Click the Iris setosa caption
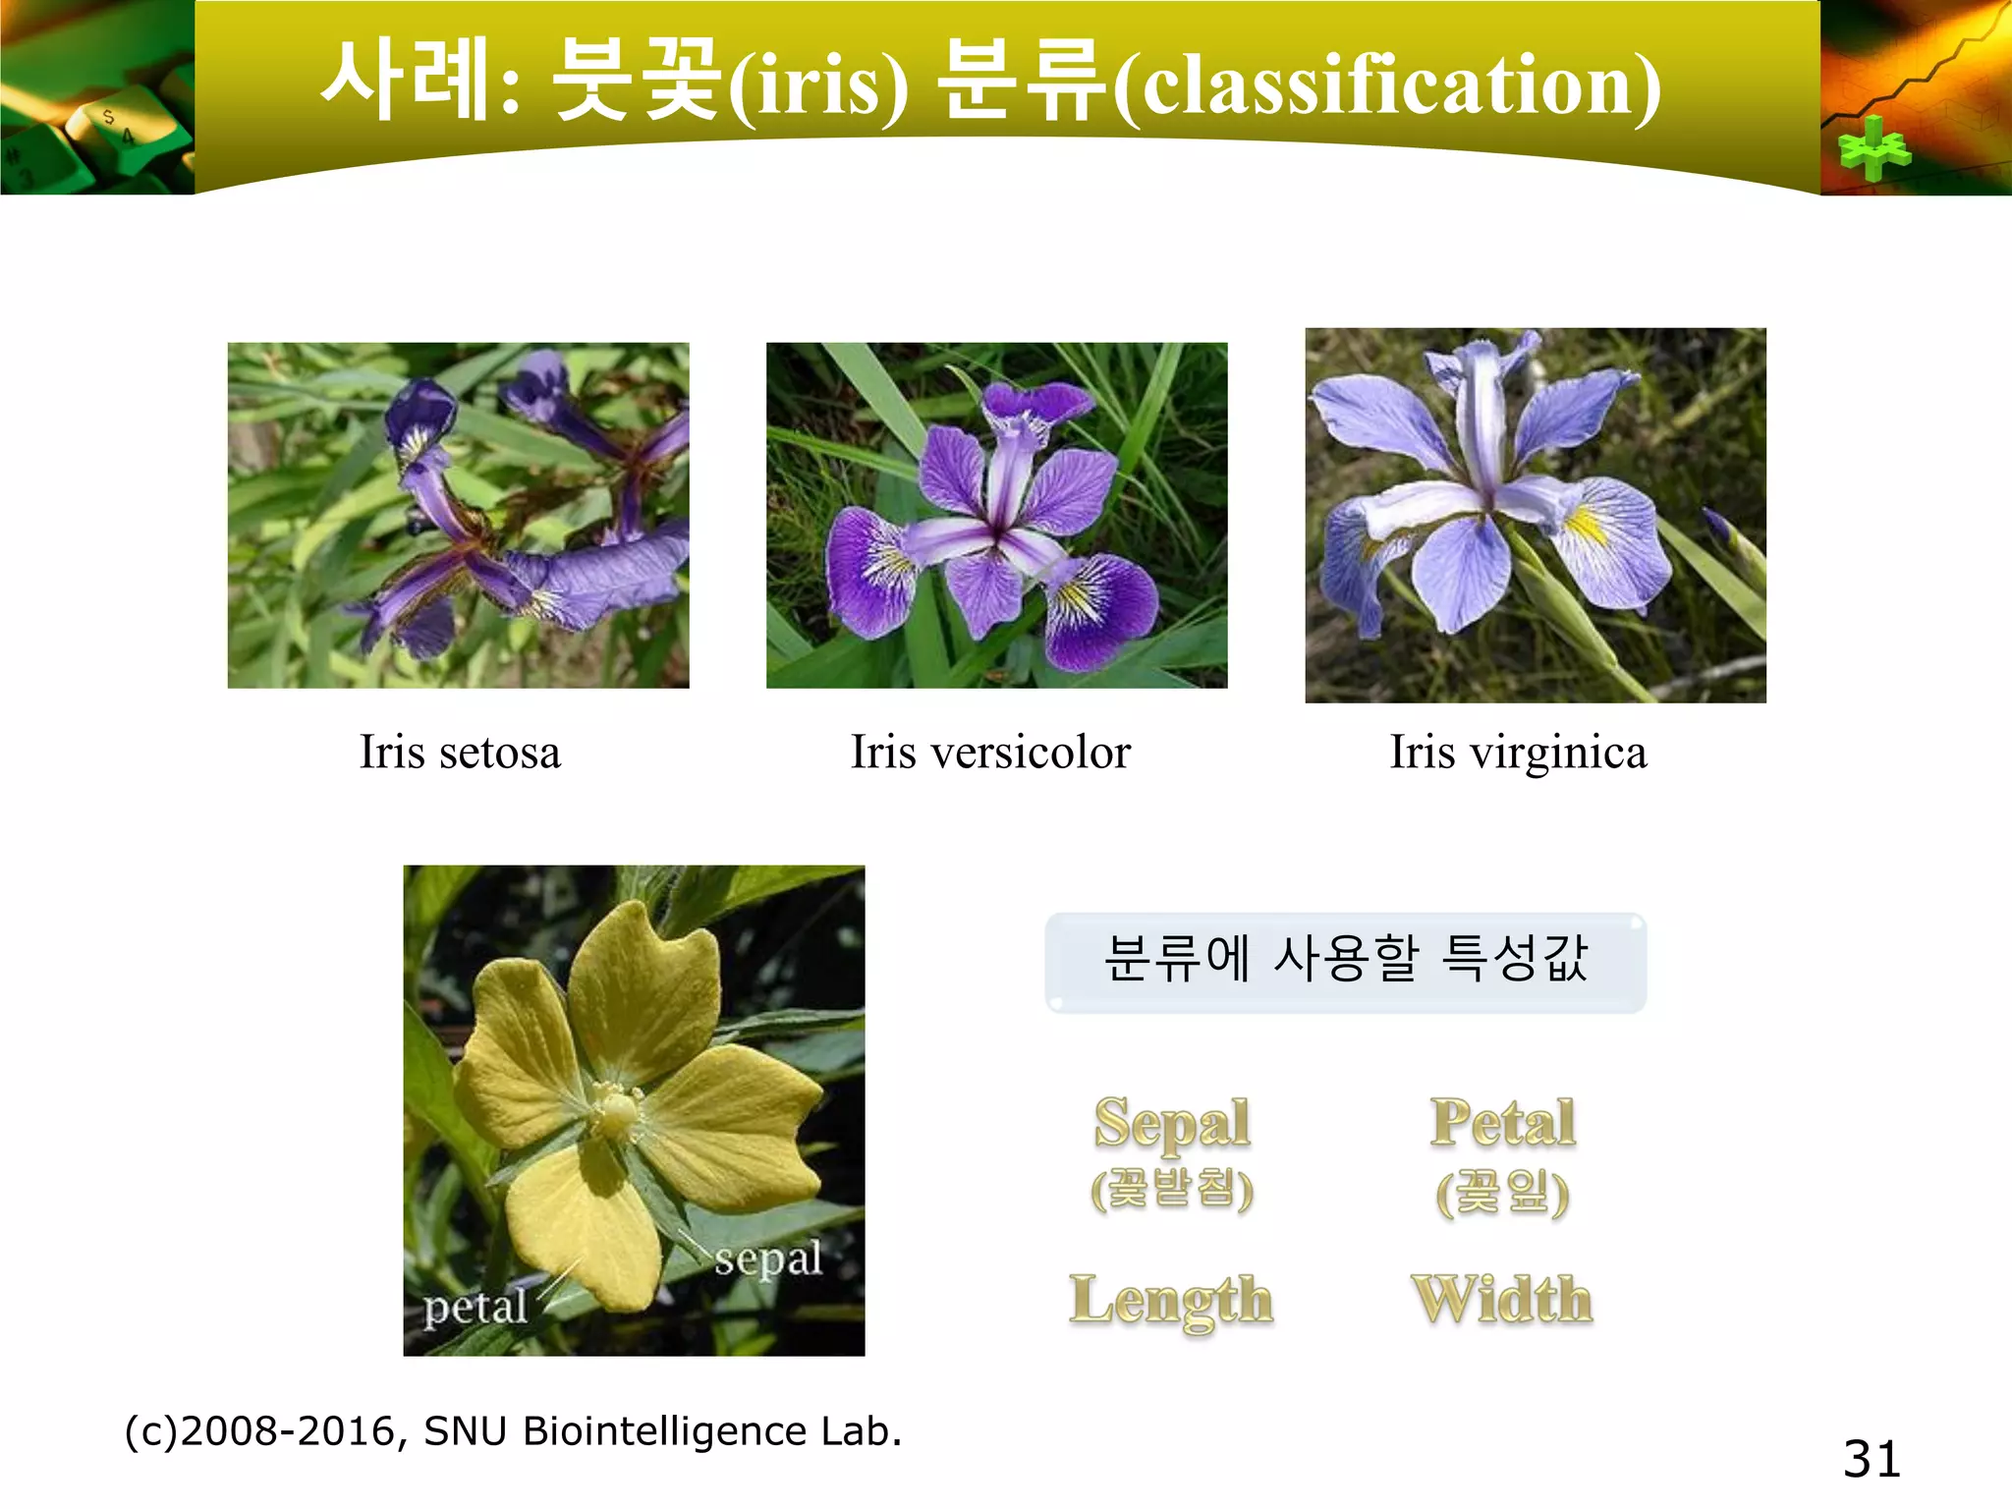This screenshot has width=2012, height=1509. click(x=460, y=754)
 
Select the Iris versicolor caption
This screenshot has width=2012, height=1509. click(x=990, y=754)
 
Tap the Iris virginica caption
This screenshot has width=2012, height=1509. click(x=1518, y=754)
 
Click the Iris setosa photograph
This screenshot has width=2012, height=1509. click(x=458, y=515)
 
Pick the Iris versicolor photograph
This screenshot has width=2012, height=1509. click(x=996, y=515)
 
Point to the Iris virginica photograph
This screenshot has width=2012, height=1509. click(x=1535, y=515)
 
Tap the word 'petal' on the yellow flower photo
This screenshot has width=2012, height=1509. click(x=475, y=1308)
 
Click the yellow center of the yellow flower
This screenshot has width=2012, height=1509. click(x=617, y=1112)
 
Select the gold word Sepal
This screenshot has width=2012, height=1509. click(x=1172, y=1123)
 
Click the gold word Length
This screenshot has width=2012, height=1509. click(x=1171, y=1301)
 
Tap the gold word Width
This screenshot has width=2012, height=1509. click(x=1501, y=1299)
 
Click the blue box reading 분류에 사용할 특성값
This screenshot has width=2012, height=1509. click(x=1345, y=961)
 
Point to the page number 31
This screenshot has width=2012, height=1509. click(x=1872, y=1459)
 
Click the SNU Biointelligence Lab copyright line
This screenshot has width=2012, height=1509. click(x=513, y=1431)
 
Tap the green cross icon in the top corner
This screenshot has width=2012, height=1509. click(x=1873, y=149)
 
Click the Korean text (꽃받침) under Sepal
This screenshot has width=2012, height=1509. click(x=1172, y=1189)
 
